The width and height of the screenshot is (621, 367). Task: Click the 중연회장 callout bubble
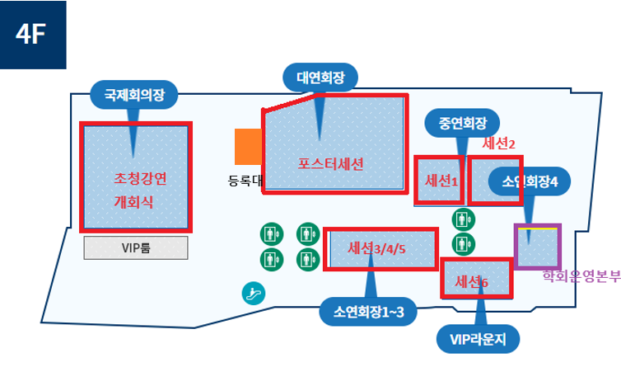pos(463,123)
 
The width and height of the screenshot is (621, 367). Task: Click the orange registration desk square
pos(247,147)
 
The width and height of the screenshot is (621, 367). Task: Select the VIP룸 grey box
pos(136,247)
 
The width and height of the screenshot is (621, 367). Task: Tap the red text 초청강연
pos(140,178)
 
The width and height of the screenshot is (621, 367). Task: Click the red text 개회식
pos(133,202)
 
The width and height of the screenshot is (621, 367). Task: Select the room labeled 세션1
pos(440,180)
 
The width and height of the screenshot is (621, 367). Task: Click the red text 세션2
pos(498,143)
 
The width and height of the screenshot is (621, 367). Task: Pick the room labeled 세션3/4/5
pos(381,248)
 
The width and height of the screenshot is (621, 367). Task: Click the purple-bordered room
pos(537,246)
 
